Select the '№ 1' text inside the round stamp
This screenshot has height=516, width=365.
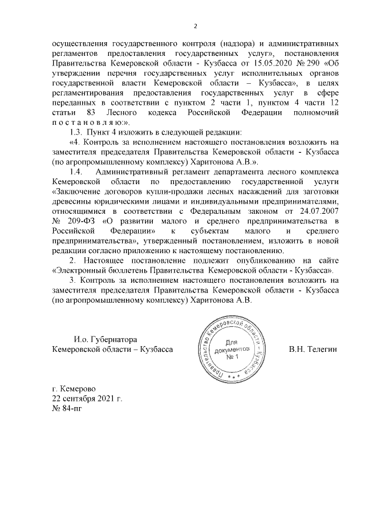(x=231, y=357)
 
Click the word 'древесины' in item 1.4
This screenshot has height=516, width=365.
(x=73, y=200)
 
